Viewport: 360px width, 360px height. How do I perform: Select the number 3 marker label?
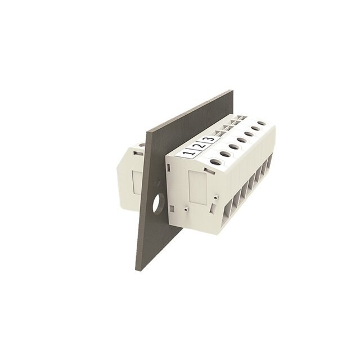(210, 139)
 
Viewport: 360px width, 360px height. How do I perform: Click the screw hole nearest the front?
(216, 162)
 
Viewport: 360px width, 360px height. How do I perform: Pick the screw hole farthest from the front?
(262, 124)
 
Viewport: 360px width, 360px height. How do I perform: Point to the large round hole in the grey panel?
(157, 202)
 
